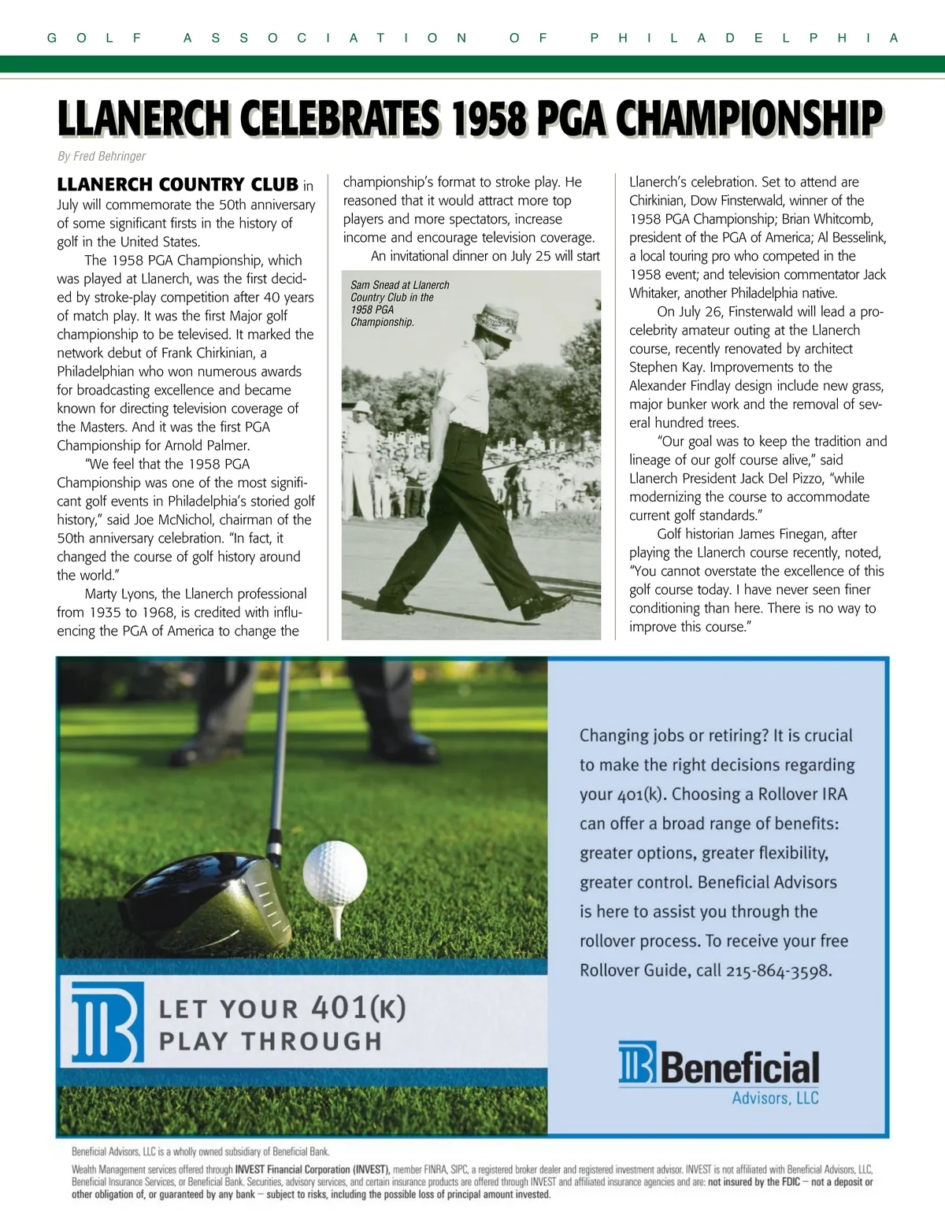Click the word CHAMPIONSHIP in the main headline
(x=747, y=118)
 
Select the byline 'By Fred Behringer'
(x=102, y=156)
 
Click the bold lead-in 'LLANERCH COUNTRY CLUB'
(x=177, y=185)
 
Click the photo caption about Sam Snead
(x=400, y=303)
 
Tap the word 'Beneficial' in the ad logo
(x=739, y=1069)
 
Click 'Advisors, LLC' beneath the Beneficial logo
(x=775, y=1097)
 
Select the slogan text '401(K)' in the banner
(x=358, y=1007)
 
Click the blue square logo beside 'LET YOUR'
(x=108, y=1022)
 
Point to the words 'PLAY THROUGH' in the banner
(x=270, y=1041)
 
